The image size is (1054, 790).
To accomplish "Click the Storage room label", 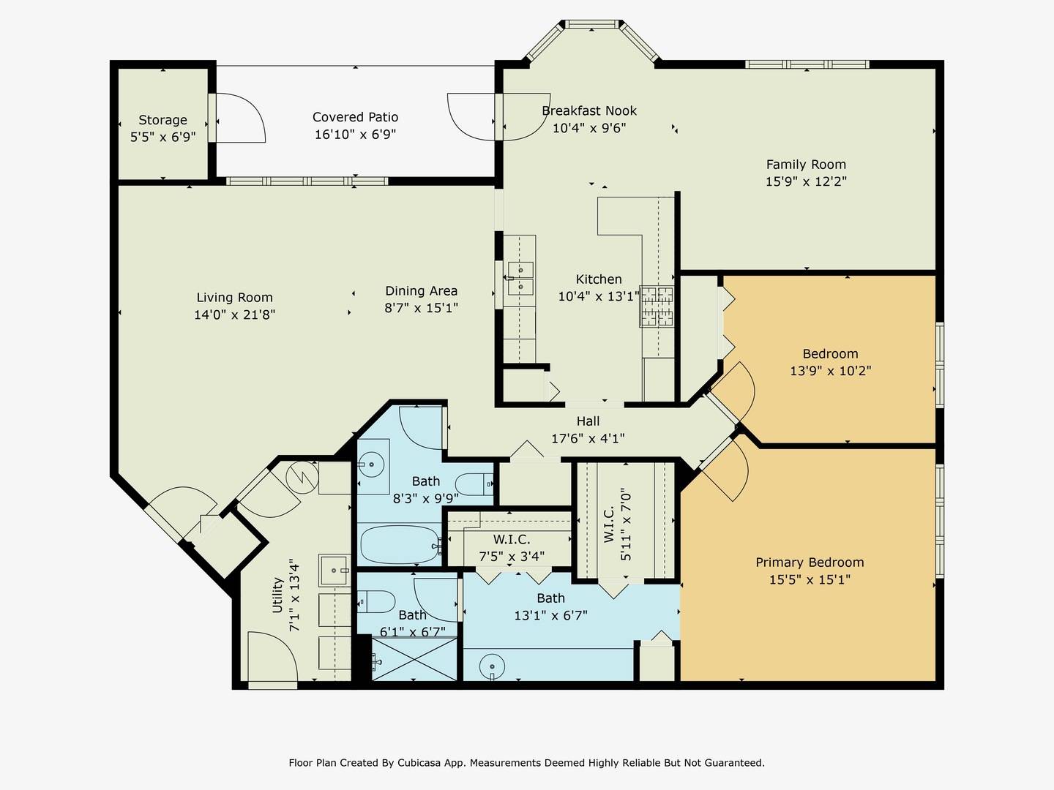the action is [162, 120].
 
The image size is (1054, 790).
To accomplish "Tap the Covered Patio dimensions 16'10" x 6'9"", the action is [355, 135].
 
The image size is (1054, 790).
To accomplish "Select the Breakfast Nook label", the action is [589, 110].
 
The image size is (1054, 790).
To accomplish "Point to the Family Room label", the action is [806, 165].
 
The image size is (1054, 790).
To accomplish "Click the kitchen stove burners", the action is [657, 306].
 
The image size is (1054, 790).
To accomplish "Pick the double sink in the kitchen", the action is [520, 278].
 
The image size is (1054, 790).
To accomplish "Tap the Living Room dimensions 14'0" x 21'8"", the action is [234, 315].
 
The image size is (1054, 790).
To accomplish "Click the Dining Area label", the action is [421, 290].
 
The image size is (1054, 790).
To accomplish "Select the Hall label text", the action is [588, 421].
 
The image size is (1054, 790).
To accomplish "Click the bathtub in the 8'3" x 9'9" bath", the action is [400, 545].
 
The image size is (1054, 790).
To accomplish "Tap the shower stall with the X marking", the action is [414, 658].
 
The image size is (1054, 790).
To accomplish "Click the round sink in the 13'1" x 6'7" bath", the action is [492, 666].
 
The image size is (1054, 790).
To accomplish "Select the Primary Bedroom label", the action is [810, 563].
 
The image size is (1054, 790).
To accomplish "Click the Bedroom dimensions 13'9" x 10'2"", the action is [830, 371].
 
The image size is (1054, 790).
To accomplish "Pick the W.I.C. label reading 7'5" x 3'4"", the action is [512, 548].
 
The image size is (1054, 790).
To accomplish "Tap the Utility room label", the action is [277, 595].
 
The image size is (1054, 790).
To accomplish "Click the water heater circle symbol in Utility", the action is [302, 477].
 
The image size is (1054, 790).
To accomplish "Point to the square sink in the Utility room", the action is [334, 571].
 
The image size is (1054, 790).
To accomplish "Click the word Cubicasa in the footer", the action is [416, 763].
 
